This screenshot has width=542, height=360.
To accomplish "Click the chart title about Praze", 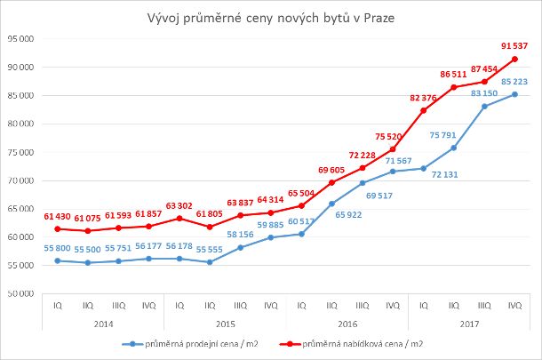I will pyautogui.click(x=270, y=19).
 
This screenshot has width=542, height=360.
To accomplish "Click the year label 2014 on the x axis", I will pyautogui.click(x=102, y=323).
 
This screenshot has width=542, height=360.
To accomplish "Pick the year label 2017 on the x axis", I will pyautogui.click(x=468, y=323).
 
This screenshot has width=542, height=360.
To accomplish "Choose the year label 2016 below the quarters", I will pyautogui.click(x=347, y=323).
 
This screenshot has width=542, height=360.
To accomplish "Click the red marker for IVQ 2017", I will pyautogui.click(x=514, y=60).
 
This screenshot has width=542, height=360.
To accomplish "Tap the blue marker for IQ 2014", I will pyautogui.click(x=57, y=260).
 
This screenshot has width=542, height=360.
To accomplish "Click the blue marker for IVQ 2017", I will pyautogui.click(x=514, y=94).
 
